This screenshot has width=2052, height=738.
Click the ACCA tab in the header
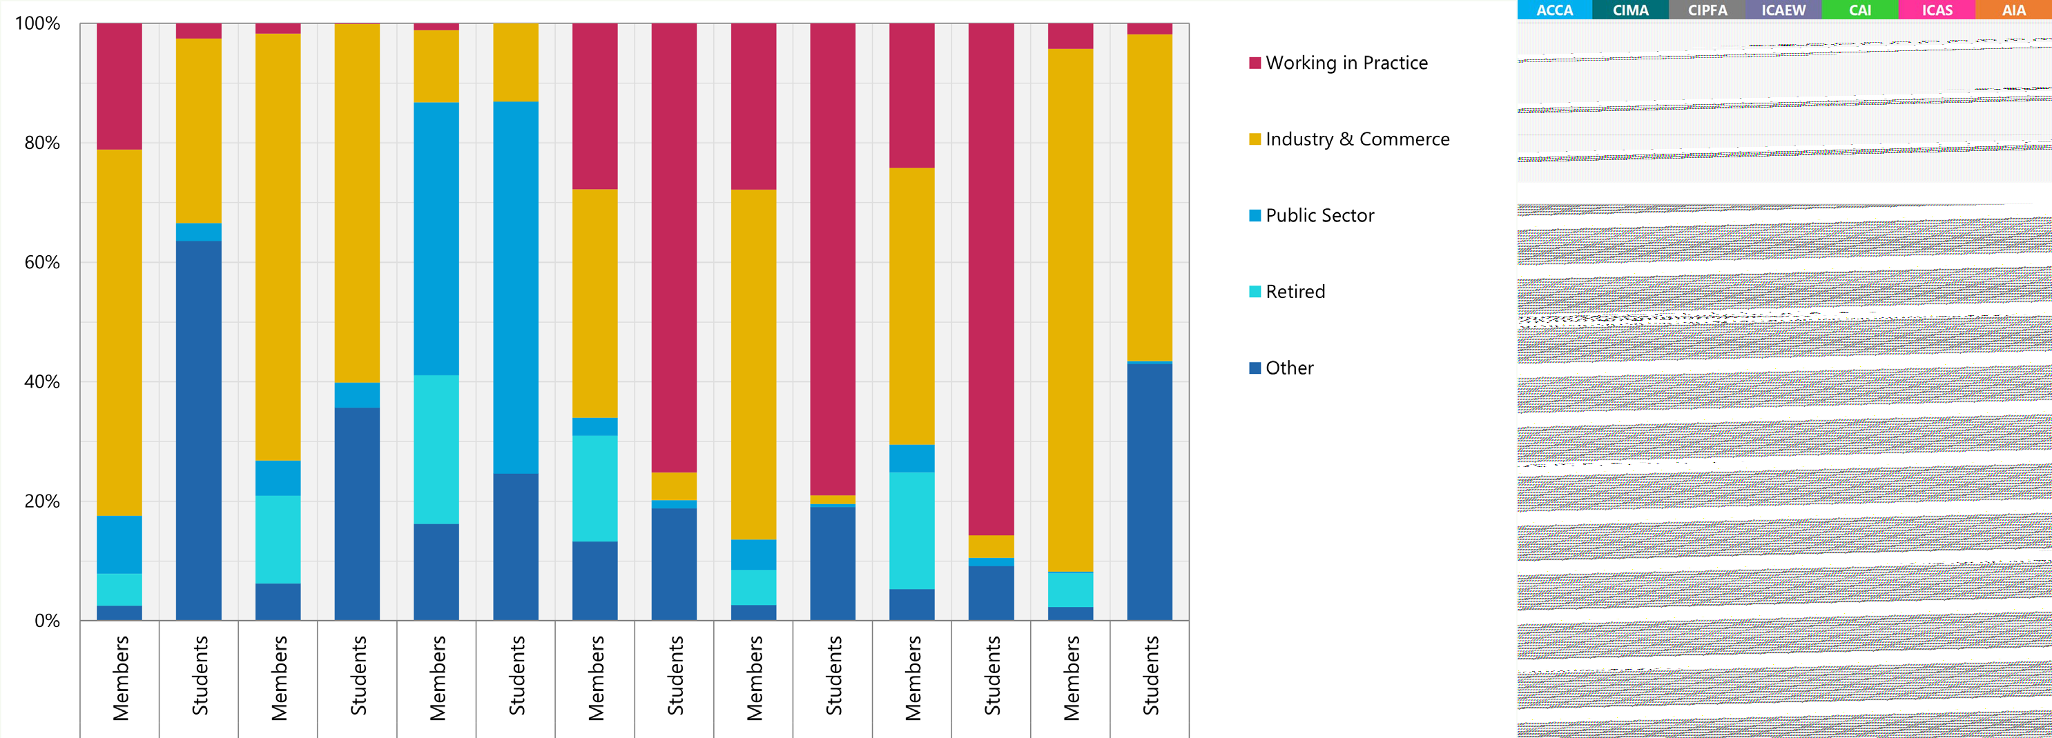(x=1554, y=10)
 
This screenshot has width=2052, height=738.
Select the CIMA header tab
(x=1630, y=10)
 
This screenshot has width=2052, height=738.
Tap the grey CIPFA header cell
(x=1706, y=10)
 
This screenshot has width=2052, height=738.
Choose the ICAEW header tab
(x=1783, y=10)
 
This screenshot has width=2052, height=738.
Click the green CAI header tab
(x=1859, y=10)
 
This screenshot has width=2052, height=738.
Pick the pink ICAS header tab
(x=1936, y=10)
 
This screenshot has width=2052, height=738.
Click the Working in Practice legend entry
(x=1346, y=63)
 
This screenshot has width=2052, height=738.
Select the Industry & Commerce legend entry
(x=1357, y=139)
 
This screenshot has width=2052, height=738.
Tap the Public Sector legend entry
(x=1319, y=216)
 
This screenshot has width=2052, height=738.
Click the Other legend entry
(x=1289, y=368)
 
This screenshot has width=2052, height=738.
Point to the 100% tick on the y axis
(x=37, y=23)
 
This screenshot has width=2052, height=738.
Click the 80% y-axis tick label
(x=41, y=143)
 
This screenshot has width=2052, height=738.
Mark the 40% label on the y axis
(x=41, y=381)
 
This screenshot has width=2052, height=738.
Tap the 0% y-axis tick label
(x=46, y=621)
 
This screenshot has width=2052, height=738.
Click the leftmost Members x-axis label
(x=120, y=678)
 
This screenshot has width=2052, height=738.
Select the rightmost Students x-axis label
(x=1150, y=675)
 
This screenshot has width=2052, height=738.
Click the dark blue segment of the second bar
(x=198, y=430)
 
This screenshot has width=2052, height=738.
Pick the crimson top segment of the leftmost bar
(x=119, y=86)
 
